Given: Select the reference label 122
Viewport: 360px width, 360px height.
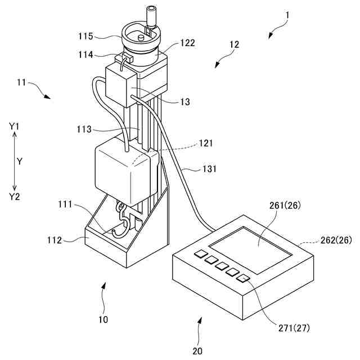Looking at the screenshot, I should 188,43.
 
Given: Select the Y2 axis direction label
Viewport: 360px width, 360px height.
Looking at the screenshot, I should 15,196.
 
